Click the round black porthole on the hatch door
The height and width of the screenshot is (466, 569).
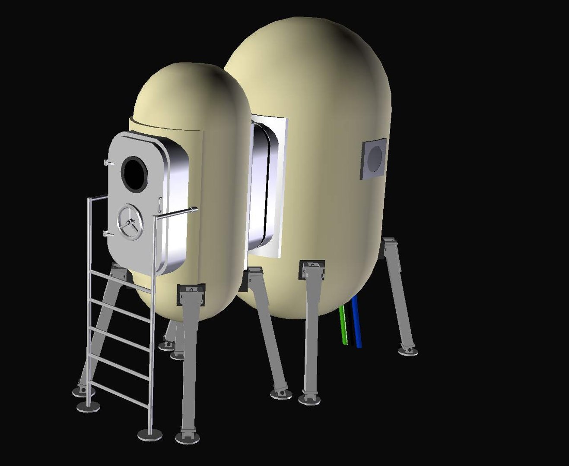point(134,174)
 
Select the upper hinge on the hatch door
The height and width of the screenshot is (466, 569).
point(108,163)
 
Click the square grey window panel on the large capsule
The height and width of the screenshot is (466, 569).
point(373,158)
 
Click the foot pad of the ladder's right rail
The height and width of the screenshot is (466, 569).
point(150,435)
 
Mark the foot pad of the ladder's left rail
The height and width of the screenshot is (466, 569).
point(88,406)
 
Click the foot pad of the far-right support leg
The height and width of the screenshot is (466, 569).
point(408,351)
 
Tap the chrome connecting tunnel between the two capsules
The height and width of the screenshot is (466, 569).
point(264,186)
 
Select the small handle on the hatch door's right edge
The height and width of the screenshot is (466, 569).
point(161,203)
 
